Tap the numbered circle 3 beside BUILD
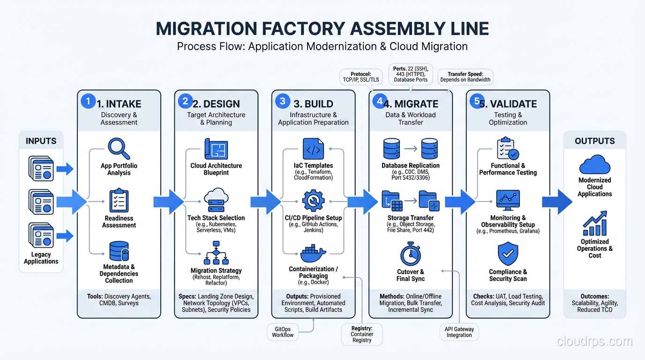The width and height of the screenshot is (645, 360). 282,101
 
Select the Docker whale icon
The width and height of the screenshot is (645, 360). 313,254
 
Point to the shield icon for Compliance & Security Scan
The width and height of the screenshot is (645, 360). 508,254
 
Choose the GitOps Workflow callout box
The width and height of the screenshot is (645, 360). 283,332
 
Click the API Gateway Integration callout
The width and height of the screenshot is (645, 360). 459,332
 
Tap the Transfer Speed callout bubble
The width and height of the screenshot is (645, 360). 465,77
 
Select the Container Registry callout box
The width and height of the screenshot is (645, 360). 362,334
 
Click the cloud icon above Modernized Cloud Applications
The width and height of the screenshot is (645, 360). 594,165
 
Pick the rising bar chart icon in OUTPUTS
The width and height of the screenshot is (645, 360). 594,224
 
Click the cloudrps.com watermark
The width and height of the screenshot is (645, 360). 594,342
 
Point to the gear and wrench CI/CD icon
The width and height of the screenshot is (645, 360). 313,201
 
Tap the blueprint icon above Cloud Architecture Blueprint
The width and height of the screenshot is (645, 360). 216,150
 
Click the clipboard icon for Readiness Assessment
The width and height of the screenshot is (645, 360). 119,201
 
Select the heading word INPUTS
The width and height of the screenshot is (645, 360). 41,141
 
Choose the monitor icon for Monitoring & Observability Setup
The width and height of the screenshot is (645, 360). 508,201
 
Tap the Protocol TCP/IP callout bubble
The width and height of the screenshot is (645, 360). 360,77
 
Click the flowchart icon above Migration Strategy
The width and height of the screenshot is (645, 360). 216,253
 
